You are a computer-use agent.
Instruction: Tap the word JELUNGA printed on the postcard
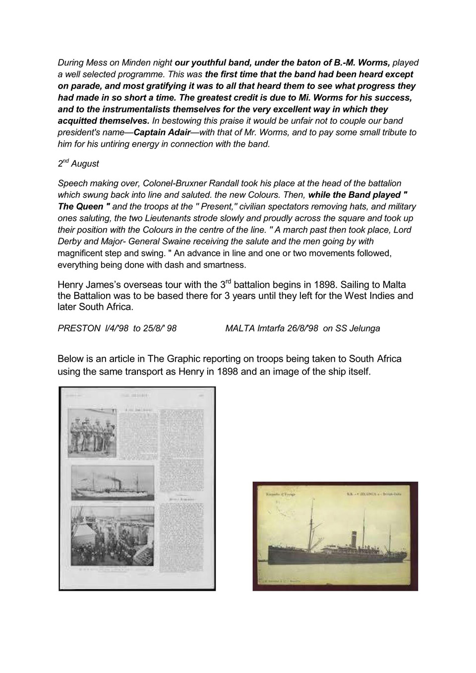(368, 494)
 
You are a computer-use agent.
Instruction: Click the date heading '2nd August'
(78, 164)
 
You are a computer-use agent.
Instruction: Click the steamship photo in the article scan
(113, 484)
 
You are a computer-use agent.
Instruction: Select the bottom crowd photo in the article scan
(113, 535)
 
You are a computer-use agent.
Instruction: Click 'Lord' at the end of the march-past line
(402, 230)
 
